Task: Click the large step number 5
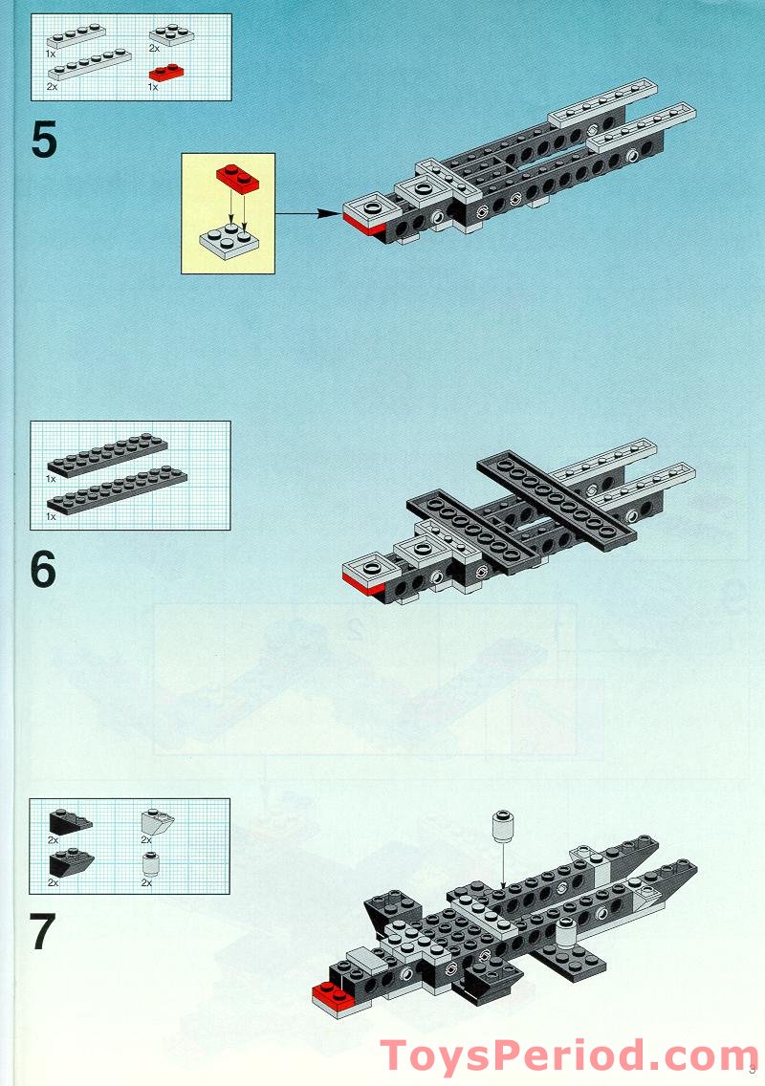[x=44, y=141]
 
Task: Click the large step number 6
[x=44, y=570]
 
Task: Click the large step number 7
[x=44, y=933]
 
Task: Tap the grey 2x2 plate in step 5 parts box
[x=171, y=36]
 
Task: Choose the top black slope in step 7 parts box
[x=69, y=820]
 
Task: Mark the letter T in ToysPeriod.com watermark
[x=396, y=1054]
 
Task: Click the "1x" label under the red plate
[x=153, y=87]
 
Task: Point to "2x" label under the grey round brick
[x=146, y=883]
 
